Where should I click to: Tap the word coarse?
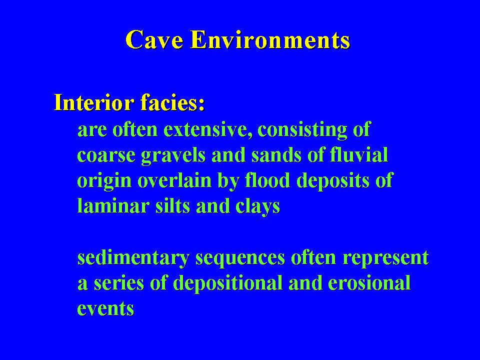(106, 155)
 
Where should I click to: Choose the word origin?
(104, 181)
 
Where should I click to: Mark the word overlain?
(174, 180)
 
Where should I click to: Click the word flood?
(267, 180)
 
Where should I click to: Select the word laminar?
(113, 205)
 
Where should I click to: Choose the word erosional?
(369, 283)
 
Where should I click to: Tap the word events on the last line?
(105, 308)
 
